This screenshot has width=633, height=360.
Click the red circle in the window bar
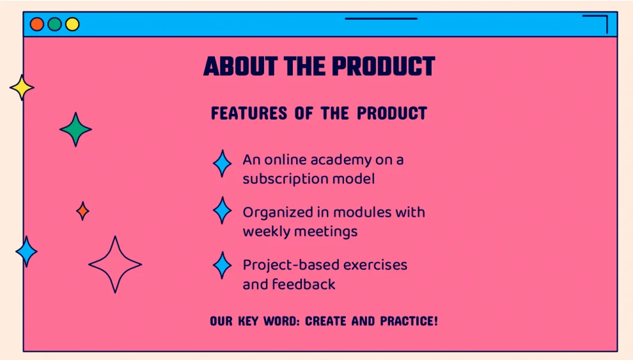coord(36,24)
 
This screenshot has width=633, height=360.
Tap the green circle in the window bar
coord(54,24)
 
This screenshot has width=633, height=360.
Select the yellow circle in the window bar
coord(72,24)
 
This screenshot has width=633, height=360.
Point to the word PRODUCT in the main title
coord(384,67)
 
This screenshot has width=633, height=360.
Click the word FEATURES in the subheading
coord(249,113)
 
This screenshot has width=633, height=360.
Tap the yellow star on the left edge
coord(22,88)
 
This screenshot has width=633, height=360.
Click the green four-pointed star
coord(75,129)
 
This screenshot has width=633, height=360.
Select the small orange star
coord(82,210)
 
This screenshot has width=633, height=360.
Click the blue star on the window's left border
coord(27,251)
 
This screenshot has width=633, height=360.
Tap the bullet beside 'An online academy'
coord(222,164)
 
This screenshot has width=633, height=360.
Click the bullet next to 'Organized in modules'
coord(222,210)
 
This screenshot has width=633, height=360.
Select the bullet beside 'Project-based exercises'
coord(222,265)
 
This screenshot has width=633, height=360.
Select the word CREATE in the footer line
coord(326,321)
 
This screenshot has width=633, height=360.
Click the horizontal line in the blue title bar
coord(381,19)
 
